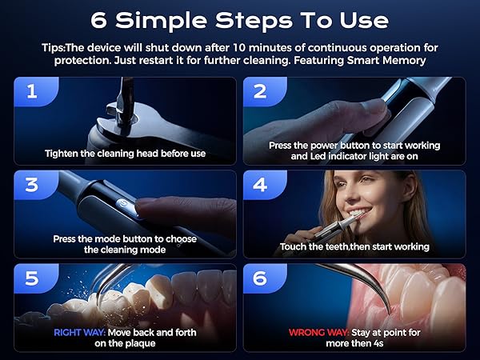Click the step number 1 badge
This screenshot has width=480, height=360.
(x=31, y=90)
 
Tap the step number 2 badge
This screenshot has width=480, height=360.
(x=260, y=90)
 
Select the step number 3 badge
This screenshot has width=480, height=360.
(x=31, y=184)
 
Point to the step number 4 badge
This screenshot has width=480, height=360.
(x=260, y=184)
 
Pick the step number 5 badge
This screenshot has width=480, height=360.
(x=31, y=278)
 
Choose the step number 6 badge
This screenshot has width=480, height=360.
(x=260, y=278)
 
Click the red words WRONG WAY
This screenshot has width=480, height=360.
(x=313, y=332)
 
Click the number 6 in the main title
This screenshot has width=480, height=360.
(x=101, y=19)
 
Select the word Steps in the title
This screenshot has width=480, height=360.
(x=270, y=19)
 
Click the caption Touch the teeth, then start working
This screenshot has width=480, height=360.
(x=354, y=246)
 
